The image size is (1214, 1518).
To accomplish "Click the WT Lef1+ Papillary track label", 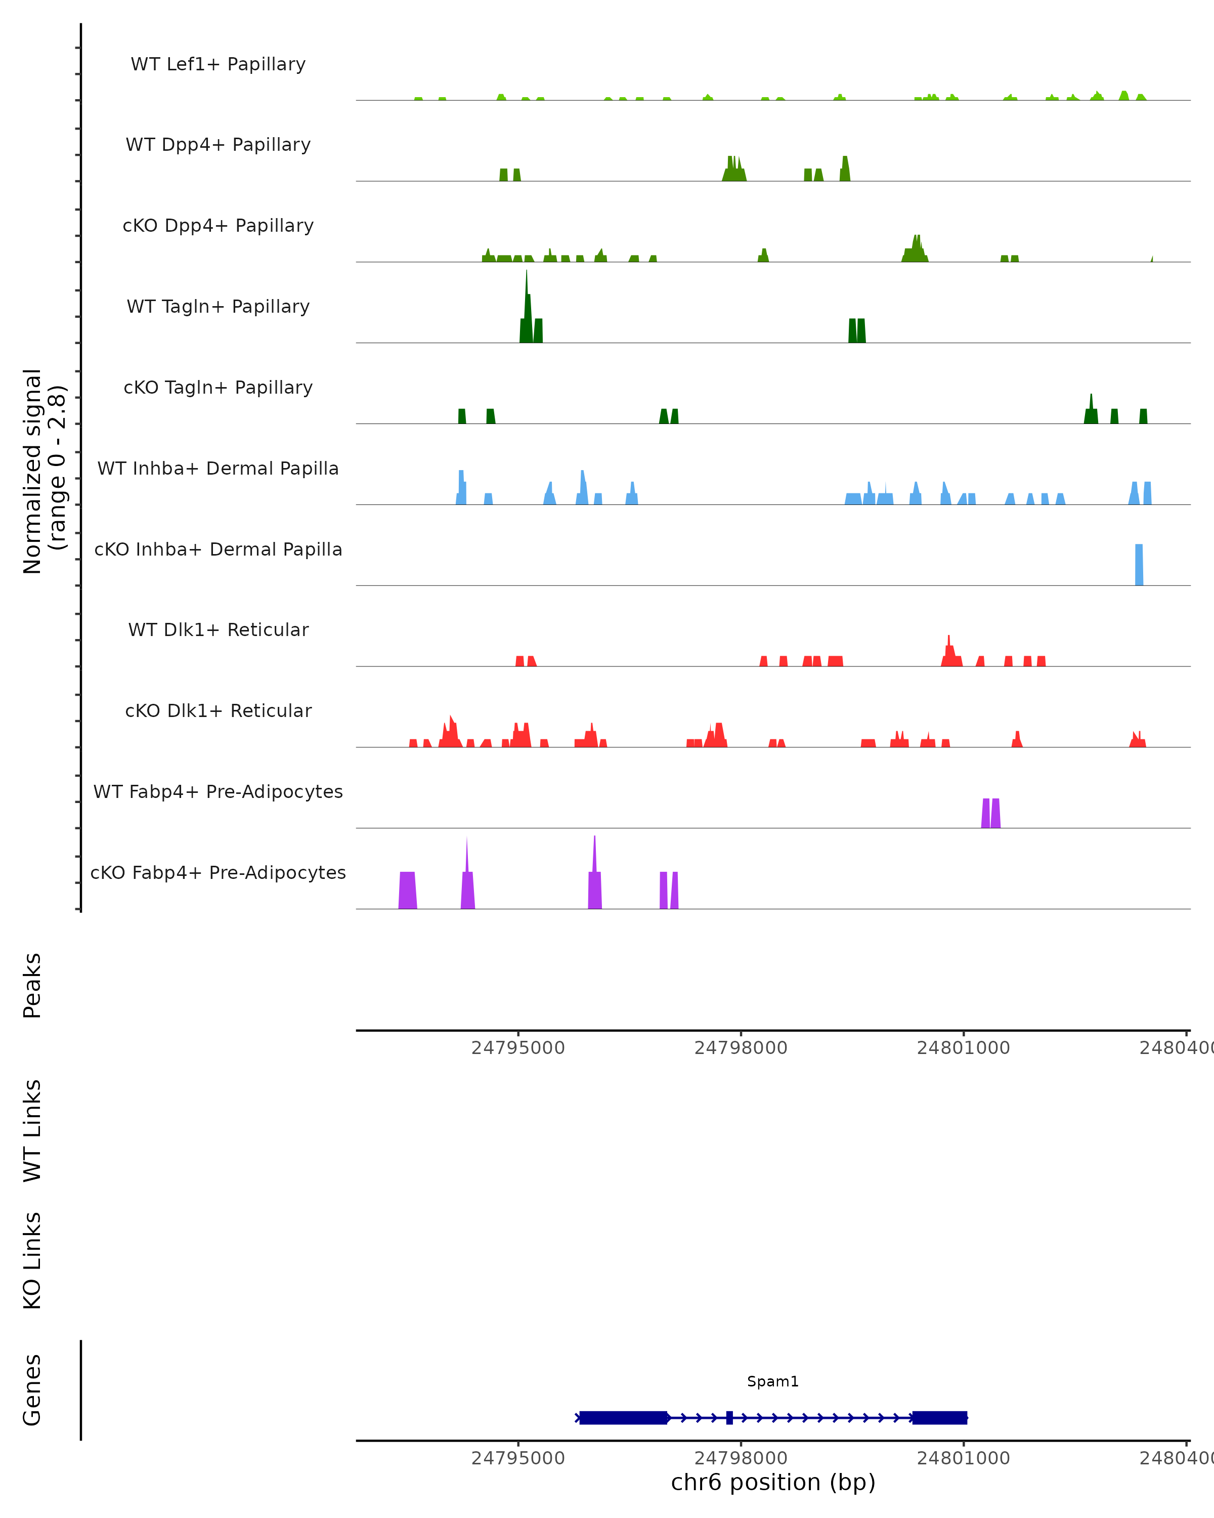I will pos(218,64).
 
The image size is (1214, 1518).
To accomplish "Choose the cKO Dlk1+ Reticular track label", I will pos(218,710).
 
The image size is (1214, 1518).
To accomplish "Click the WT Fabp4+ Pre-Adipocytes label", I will pos(218,791).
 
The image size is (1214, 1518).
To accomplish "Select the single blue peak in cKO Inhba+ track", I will pos(1139,565).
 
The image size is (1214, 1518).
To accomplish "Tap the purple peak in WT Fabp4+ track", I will pos(990,813).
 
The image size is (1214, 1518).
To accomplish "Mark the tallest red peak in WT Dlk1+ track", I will pos(948,651).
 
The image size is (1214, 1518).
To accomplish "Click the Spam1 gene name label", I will pos(773,1381).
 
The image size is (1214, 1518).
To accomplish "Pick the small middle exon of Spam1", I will pos(729,1417).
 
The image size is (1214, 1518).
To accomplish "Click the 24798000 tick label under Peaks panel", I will pos(741,1048).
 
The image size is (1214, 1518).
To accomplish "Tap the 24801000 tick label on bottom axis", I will pos(964,1458).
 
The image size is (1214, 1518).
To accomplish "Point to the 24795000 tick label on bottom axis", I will pos(518,1458).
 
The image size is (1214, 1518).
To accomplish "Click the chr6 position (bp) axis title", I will pos(773,1483).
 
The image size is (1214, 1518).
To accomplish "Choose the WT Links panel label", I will pos(32,1130).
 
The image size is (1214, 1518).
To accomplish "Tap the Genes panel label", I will pos(32,1390).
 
